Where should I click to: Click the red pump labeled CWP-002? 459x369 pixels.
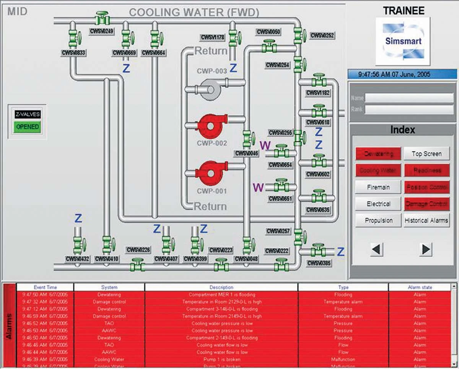point(210,126)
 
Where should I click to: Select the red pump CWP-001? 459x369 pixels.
point(210,173)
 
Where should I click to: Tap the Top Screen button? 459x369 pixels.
point(426,154)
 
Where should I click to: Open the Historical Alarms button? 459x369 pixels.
point(426,221)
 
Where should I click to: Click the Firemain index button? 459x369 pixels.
point(378,187)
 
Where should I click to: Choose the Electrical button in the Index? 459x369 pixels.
point(378,204)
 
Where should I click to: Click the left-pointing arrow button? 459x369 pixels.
point(377,249)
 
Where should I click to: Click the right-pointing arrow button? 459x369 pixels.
point(425,249)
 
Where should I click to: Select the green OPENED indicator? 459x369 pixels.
point(28,127)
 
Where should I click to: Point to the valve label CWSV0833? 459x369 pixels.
point(73,53)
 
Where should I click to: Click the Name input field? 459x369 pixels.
point(409,98)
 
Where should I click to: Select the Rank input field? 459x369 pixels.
point(409,110)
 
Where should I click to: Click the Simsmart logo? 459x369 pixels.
point(402,41)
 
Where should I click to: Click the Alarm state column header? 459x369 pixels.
point(420,287)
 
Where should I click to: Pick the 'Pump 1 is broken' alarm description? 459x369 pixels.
point(221,359)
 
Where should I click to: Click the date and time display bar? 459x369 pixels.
point(402,75)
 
